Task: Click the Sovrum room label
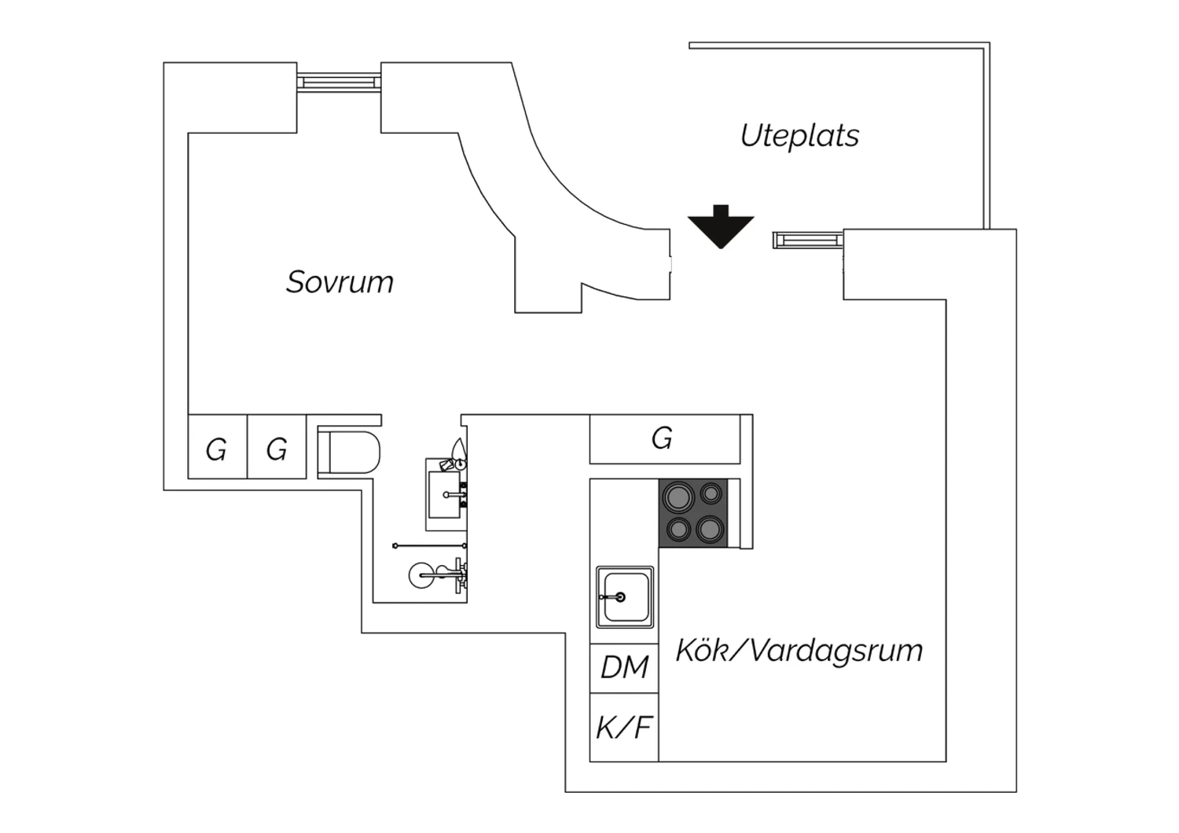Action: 340,282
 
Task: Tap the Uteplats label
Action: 799,136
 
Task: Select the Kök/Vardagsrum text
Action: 799,651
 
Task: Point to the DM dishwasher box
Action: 624,668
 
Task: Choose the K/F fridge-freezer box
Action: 624,728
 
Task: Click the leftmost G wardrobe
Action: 217,449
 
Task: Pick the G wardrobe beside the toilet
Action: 277,449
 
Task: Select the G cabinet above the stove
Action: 664,439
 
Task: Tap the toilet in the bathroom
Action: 351,452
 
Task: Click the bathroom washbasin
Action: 446,494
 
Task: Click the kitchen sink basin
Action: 625,596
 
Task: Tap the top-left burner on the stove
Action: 677,497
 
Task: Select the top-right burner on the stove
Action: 711,494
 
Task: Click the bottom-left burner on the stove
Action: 678,529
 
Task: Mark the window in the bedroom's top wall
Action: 339,81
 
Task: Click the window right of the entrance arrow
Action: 808,240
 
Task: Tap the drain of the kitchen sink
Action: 620,597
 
